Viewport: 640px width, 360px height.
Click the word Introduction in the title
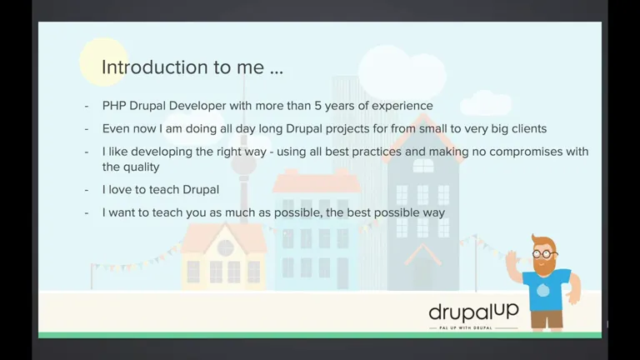tap(155, 67)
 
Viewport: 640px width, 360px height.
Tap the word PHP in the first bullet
tap(114, 106)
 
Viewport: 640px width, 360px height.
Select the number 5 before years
tap(317, 106)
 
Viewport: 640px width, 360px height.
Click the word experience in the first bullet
tap(402, 106)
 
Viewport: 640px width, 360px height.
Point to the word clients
tap(529, 128)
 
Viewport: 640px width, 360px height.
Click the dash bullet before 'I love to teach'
tap(87, 190)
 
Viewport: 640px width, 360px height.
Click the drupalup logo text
tap(473, 312)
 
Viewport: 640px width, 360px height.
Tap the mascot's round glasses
tap(543, 254)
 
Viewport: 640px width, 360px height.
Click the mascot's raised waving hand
tap(512, 260)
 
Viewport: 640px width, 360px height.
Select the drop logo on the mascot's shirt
tap(542, 290)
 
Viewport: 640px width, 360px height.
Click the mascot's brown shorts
tap(547, 319)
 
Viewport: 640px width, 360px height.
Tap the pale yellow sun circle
tap(103, 62)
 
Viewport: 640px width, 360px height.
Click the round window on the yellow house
tap(225, 247)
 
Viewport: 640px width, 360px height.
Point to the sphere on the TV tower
tap(243, 164)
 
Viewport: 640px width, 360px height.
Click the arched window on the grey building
tap(423, 166)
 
